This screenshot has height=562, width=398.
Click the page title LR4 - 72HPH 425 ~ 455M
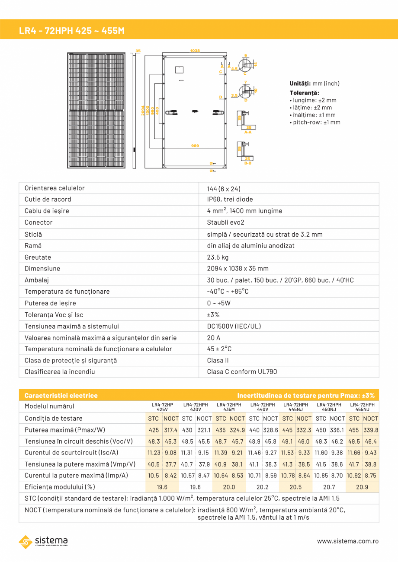[72, 31]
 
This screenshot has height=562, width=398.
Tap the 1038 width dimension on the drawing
[195, 51]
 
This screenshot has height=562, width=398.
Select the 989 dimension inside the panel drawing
[195, 146]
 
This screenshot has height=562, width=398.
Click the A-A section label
[247, 132]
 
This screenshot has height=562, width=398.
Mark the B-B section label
[247, 163]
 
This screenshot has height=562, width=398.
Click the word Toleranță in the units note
[304, 93]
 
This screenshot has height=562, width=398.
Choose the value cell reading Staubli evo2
[225, 222]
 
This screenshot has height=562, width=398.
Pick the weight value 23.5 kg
[218, 257]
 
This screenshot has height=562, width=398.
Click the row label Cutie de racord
[48, 200]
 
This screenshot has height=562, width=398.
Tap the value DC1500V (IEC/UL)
[234, 326]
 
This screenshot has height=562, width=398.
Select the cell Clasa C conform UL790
[242, 372]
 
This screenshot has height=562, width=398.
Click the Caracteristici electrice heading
[61, 395]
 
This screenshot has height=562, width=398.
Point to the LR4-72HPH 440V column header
[263, 407]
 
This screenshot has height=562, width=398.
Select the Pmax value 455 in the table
[353, 430]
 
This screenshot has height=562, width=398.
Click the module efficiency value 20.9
[362, 487]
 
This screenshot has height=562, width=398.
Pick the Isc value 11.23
[154, 453]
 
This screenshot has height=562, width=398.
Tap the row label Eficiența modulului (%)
[60, 487]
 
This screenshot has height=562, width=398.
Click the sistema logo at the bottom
[43, 541]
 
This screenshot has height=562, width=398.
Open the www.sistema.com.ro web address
[348, 541]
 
